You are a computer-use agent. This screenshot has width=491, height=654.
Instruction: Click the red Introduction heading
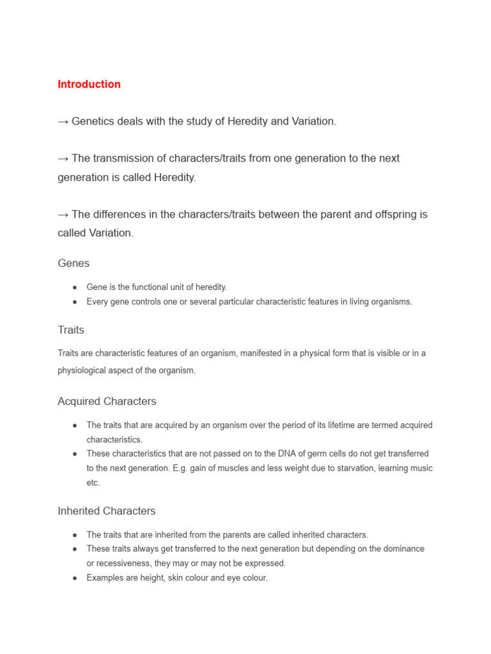pyautogui.click(x=89, y=84)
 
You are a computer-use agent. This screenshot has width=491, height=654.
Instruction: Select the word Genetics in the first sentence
pyautogui.click(x=94, y=121)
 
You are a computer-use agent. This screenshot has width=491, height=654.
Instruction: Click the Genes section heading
pyautogui.click(x=74, y=263)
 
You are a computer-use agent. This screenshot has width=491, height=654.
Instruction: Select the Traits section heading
pyautogui.click(x=71, y=330)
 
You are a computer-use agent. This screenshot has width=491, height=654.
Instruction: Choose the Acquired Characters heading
pyautogui.click(x=107, y=402)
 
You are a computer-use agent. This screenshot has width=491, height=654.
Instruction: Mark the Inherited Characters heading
pyautogui.click(x=106, y=512)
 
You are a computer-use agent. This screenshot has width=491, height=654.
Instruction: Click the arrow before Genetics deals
pyautogui.click(x=63, y=121)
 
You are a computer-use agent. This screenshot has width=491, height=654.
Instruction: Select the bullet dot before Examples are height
pyautogui.click(x=75, y=578)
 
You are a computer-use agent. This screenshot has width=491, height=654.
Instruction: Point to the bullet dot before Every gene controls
pyautogui.click(x=75, y=302)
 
